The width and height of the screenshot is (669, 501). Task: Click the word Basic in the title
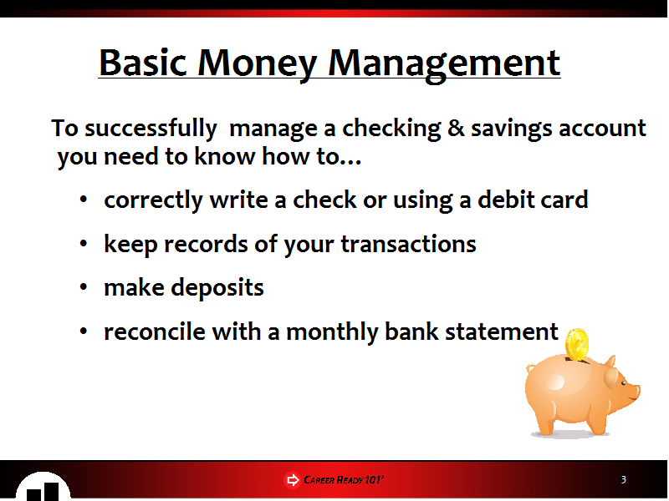(x=143, y=63)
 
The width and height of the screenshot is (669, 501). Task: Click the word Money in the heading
(x=257, y=65)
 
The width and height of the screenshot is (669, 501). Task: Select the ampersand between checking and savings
(x=456, y=128)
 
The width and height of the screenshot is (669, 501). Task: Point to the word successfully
(x=151, y=129)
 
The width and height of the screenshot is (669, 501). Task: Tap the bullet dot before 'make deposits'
(x=83, y=287)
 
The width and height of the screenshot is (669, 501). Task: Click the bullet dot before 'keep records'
(x=83, y=243)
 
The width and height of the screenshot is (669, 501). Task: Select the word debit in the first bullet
(x=505, y=199)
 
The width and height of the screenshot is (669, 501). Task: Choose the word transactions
(x=408, y=244)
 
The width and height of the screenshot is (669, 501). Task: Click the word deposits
(x=217, y=288)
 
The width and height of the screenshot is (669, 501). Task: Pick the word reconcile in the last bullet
(x=155, y=331)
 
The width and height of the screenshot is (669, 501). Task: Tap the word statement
(x=501, y=331)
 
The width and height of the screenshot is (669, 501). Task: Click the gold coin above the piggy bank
(x=577, y=344)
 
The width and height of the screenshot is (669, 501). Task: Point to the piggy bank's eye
(x=623, y=383)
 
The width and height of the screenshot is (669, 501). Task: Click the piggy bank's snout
(x=636, y=391)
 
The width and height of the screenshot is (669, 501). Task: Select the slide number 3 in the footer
(x=623, y=479)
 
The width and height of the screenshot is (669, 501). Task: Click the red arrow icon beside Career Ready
(x=292, y=480)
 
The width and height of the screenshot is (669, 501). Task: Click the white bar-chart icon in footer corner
(x=43, y=487)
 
